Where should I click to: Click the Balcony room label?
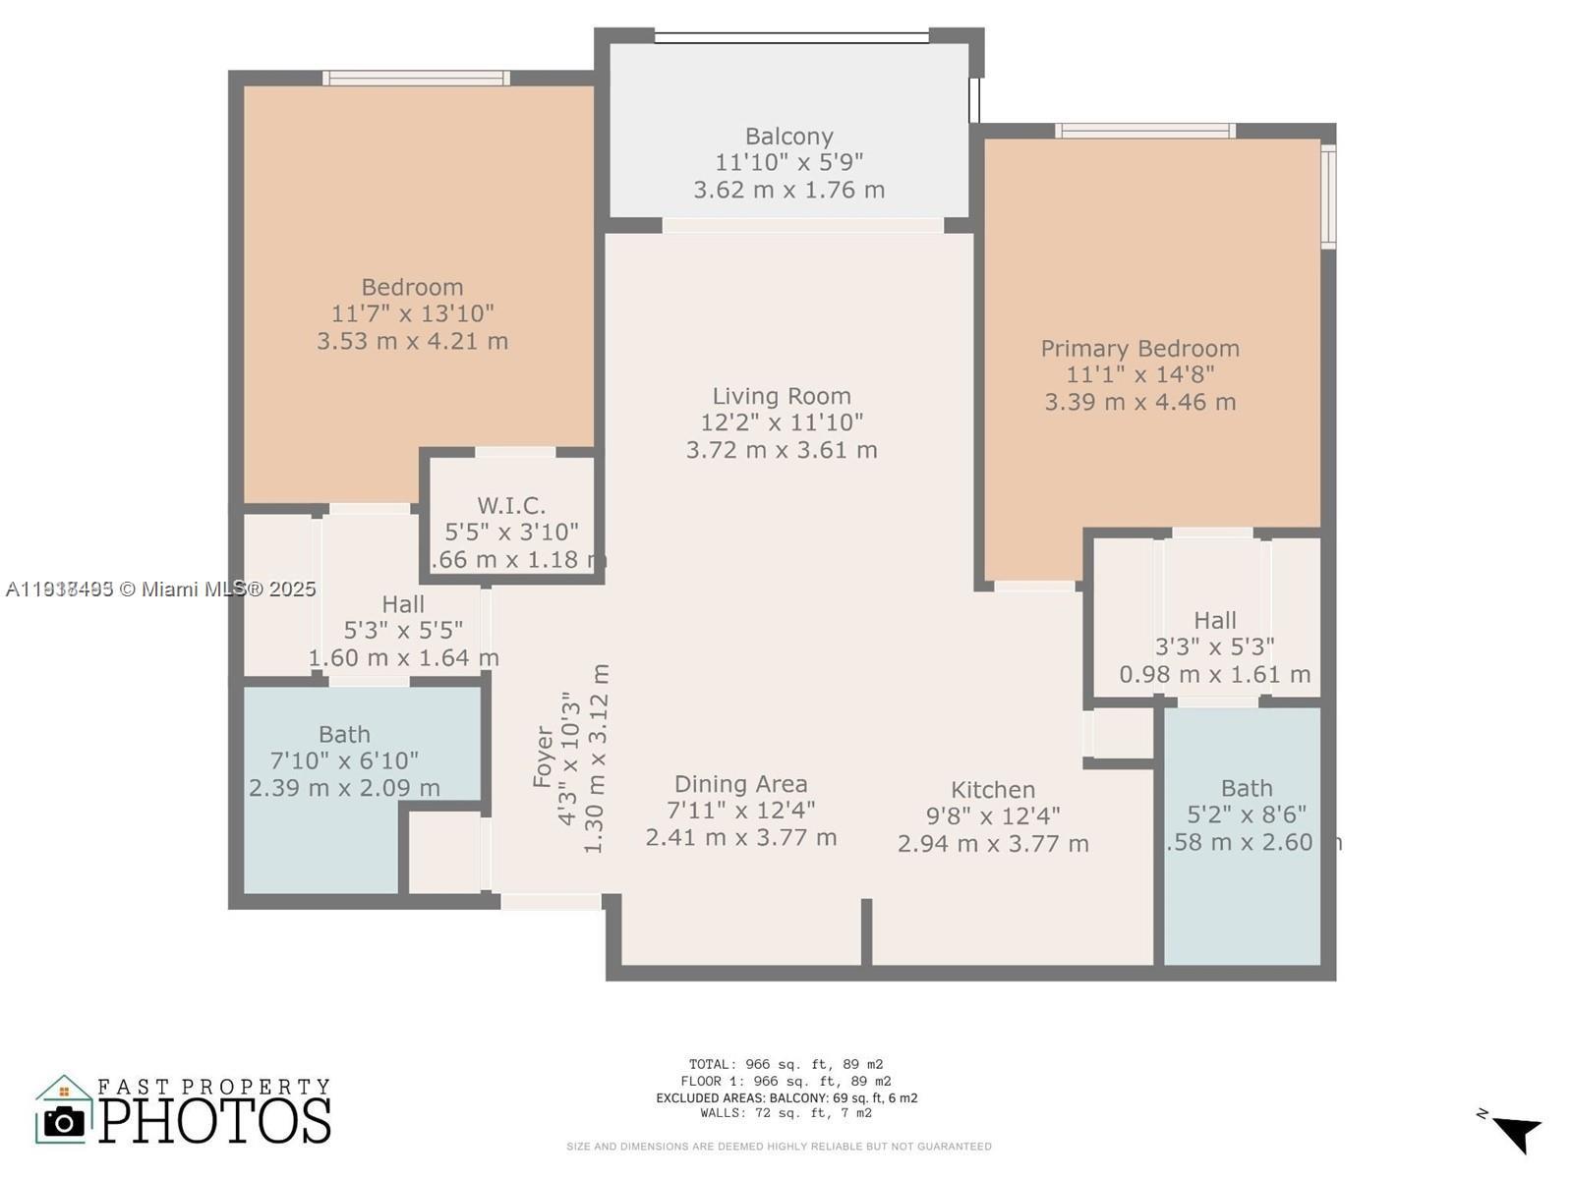pos(788,137)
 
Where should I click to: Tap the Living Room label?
pos(782,396)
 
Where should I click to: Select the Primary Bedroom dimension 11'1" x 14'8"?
pos(1139,374)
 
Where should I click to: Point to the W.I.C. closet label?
pos(511,505)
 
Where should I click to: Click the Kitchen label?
pos(992,790)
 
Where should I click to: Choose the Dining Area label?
pos(740,784)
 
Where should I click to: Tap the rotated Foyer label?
pos(543,757)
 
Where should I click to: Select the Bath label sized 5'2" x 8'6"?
pos(1246,788)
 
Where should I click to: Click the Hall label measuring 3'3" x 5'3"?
pos(1214,620)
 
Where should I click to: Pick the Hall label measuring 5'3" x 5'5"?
pos(403,604)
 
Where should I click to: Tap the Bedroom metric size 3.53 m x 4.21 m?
pos(412,341)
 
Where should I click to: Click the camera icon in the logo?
pos(65,1121)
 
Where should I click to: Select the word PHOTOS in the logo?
pos(214,1121)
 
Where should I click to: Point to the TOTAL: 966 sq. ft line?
pos(786,1064)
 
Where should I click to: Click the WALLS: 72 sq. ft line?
pos(786,1113)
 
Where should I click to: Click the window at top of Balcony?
pos(791,37)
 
